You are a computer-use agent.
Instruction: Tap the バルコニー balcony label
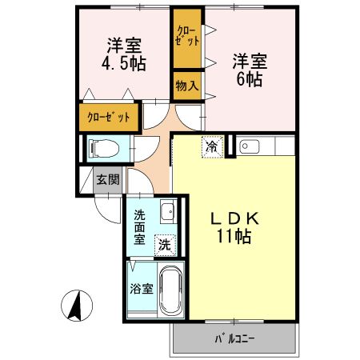click(x=234, y=338)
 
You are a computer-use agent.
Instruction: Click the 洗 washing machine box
click(x=163, y=245)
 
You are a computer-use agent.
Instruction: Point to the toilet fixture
click(x=103, y=147)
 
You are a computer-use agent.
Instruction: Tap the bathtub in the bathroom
click(x=170, y=291)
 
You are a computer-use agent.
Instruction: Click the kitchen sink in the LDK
click(x=247, y=146)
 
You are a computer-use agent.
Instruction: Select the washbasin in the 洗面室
click(x=166, y=214)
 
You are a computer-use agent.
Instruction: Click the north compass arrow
click(x=78, y=306)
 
